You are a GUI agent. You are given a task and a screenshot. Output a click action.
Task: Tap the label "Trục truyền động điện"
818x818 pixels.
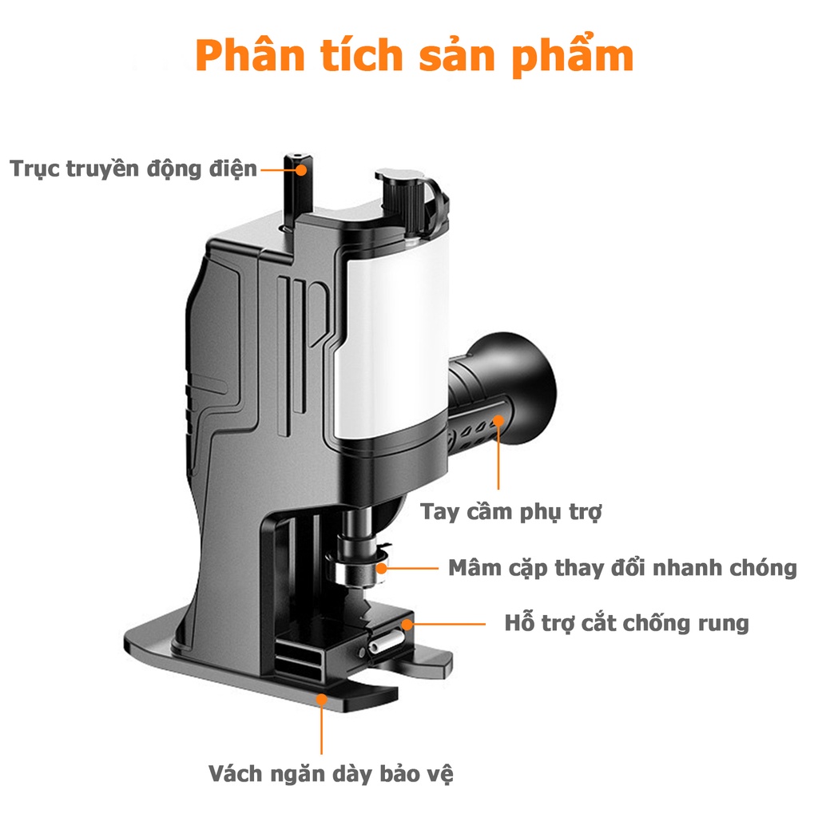click(x=133, y=169)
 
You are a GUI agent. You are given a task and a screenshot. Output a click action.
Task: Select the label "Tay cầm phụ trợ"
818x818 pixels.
click(x=510, y=511)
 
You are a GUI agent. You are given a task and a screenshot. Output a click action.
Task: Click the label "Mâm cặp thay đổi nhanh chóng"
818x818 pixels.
click(x=622, y=568)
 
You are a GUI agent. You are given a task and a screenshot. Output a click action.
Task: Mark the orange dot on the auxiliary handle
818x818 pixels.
click(x=498, y=420)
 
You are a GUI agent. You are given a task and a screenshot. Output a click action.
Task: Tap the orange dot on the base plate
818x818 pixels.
click(x=322, y=699)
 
